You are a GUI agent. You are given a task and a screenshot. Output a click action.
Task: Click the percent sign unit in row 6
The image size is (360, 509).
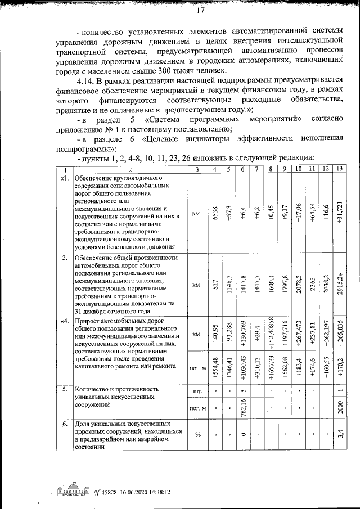click(197, 435)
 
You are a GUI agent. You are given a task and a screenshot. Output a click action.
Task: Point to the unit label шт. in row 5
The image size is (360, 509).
click(197, 389)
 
